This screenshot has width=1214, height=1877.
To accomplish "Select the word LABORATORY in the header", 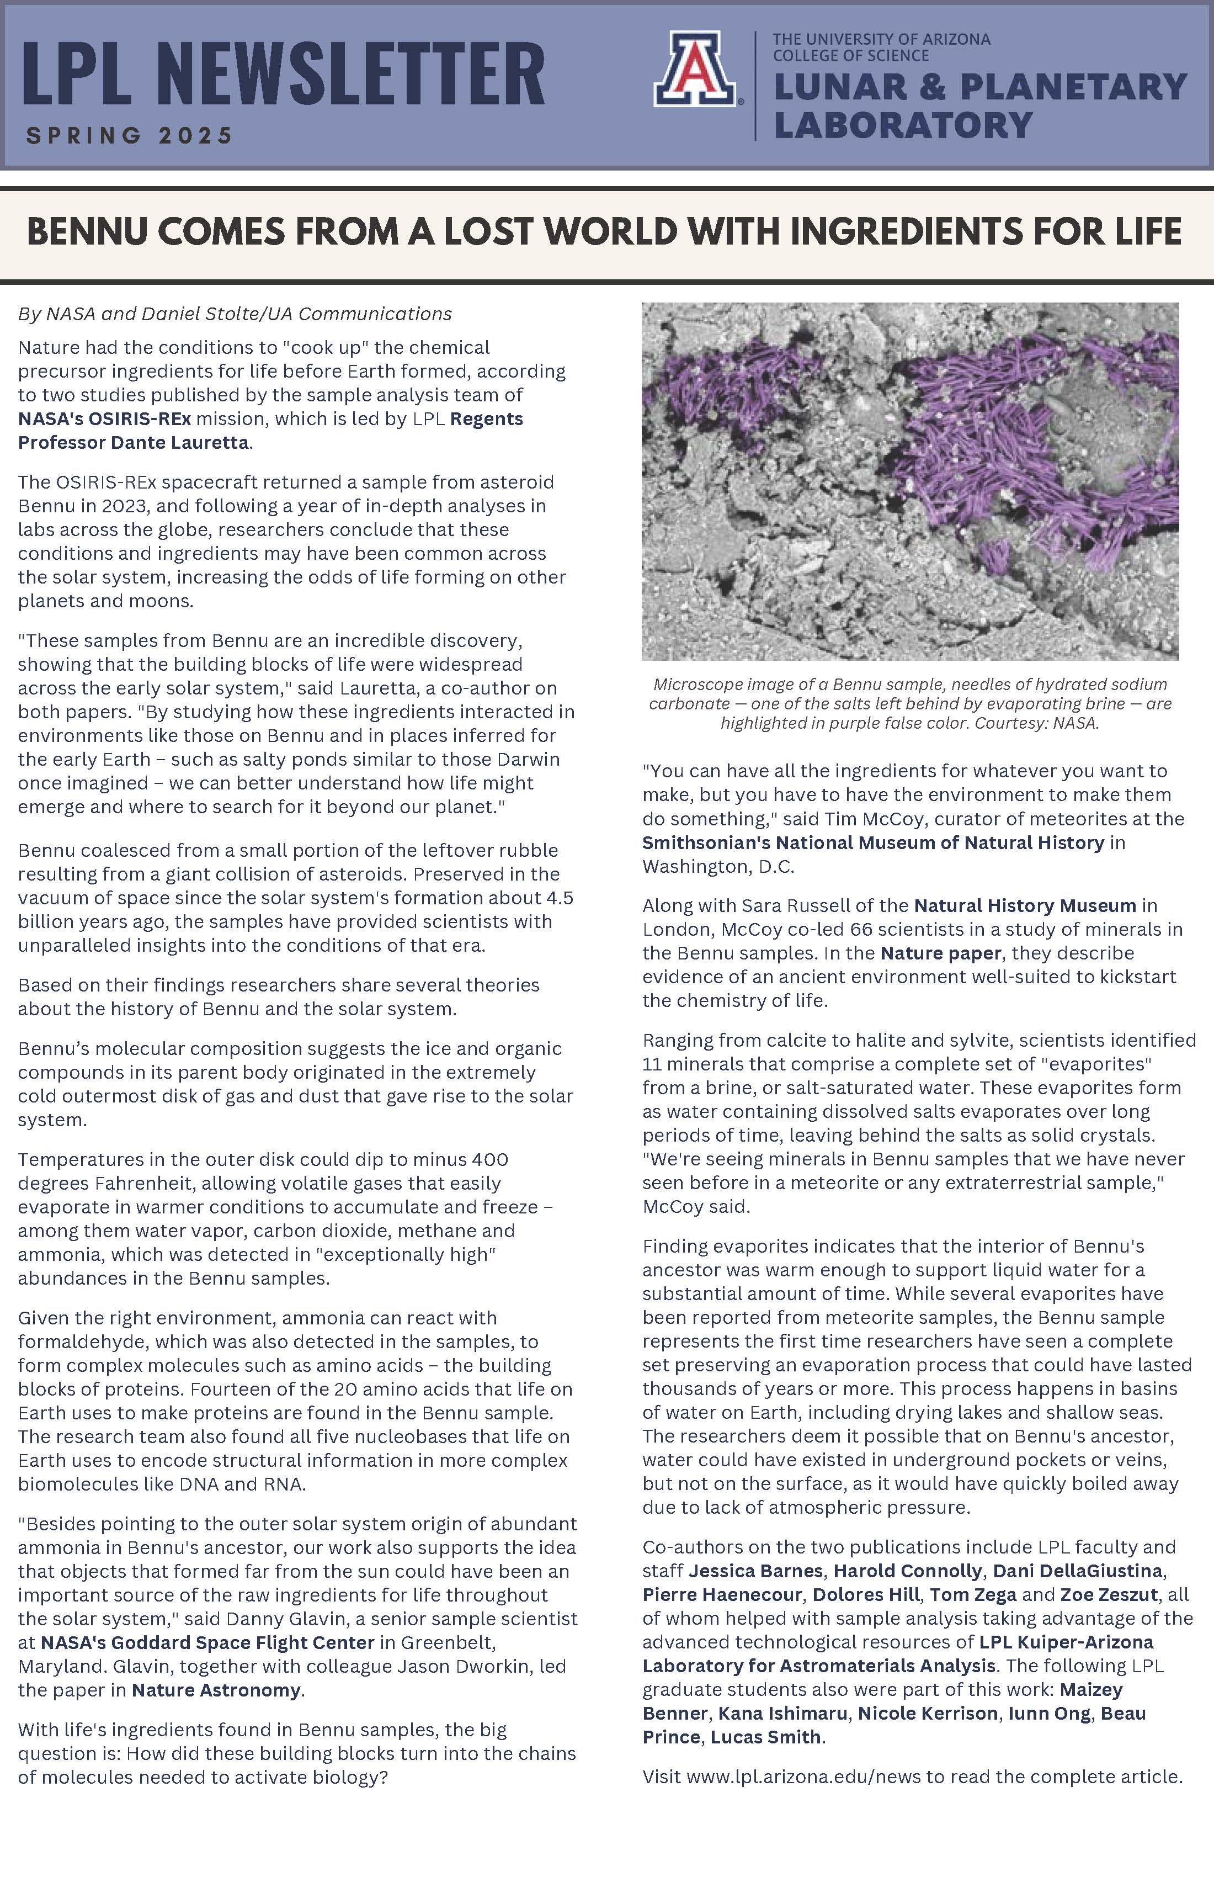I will coord(903,125).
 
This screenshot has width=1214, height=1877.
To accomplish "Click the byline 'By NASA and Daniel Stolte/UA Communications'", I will coord(235,314).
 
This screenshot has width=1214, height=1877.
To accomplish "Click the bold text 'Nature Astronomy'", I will coord(216,1690).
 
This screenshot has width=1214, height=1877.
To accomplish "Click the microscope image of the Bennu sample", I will coord(910,481).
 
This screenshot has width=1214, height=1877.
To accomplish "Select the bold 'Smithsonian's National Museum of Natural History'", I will coord(872,842).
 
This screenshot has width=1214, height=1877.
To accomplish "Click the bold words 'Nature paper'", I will coord(940,953).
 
